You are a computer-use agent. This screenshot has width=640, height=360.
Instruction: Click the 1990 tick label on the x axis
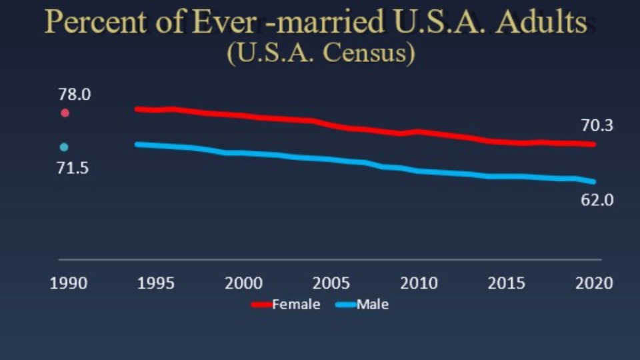point(69,283)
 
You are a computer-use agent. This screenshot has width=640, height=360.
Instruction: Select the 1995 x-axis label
point(155,283)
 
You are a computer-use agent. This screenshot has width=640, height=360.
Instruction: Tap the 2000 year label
point(243,283)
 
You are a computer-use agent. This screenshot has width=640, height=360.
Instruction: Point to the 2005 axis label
point(331,283)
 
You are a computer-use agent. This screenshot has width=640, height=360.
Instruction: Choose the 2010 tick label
point(419,283)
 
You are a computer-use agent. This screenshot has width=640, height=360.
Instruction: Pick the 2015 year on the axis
point(506,283)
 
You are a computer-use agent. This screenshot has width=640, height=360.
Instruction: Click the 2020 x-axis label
point(594,283)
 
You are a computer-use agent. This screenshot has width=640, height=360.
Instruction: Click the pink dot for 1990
point(65,113)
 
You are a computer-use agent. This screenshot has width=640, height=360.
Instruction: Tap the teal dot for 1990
point(64,147)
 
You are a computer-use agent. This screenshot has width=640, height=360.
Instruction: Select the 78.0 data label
point(73,95)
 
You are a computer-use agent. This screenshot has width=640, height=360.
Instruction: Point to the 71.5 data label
point(72,168)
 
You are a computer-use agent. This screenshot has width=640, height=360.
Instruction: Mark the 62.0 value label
point(597,199)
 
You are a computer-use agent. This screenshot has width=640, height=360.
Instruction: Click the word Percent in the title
point(94,23)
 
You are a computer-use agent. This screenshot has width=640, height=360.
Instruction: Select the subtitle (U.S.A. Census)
point(321,53)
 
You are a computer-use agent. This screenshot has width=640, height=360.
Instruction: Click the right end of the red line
point(593,144)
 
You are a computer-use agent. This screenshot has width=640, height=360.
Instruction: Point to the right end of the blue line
point(593,181)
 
